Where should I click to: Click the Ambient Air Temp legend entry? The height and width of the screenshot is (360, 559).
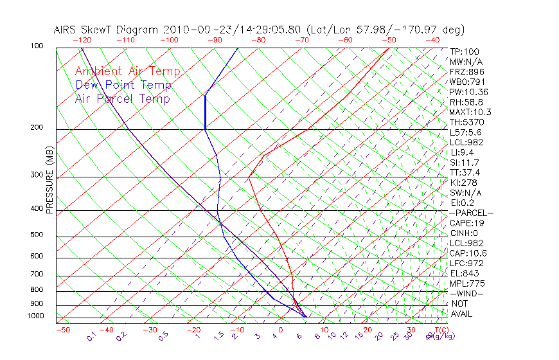(x=128, y=71)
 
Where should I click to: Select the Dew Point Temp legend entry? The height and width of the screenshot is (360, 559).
(x=123, y=85)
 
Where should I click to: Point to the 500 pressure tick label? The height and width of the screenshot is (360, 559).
(x=37, y=235)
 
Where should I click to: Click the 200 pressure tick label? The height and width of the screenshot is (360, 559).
(x=37, y=127)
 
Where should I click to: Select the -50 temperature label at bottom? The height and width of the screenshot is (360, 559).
(x=62, y=330)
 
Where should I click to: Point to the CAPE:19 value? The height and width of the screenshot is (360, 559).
(x=466, y=223)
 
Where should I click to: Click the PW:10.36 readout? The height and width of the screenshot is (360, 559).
(x=468, y=92)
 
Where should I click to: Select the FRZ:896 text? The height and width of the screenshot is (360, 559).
(x=466, y=72)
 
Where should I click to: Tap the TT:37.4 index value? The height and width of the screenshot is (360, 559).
(x=465, y=172)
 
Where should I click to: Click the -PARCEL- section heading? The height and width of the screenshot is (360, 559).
(x=471, y=213)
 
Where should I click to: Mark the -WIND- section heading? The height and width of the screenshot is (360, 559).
(x=466, y=293)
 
